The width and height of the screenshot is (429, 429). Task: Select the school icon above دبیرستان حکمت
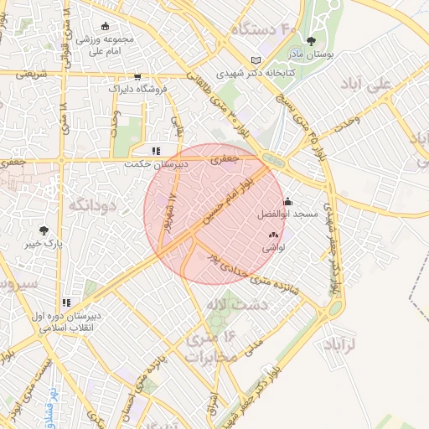point(155,152)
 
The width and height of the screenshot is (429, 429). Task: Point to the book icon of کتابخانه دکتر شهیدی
point(256,60)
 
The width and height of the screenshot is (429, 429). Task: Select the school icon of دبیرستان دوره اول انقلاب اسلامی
point(66,302)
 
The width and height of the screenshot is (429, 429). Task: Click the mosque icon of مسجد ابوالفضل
point(288,201)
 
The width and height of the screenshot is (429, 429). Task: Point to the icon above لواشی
point(272,236)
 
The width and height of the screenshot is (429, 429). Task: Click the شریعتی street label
point(23,74)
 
